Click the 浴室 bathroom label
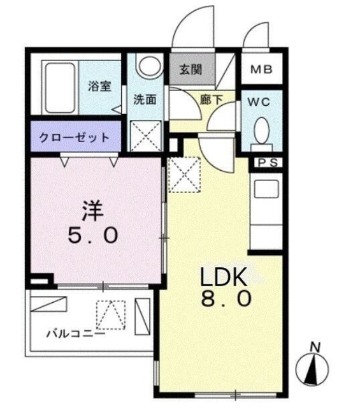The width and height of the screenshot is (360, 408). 99,87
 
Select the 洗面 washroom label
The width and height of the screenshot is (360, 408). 145,99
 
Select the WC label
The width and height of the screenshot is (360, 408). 261,101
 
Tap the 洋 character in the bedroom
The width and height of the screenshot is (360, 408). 92,210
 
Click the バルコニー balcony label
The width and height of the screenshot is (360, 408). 66,332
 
